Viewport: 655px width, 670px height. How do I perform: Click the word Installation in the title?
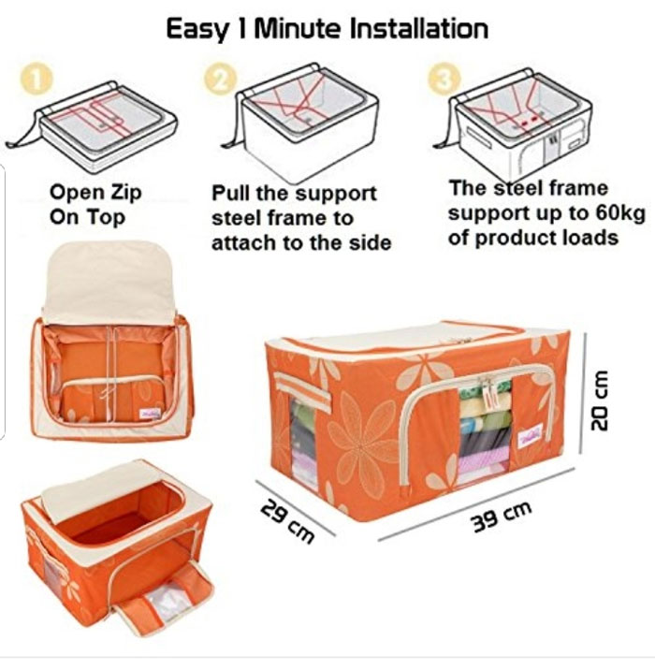coord(418,28)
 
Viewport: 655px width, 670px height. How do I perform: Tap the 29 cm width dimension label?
coord(284,521)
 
